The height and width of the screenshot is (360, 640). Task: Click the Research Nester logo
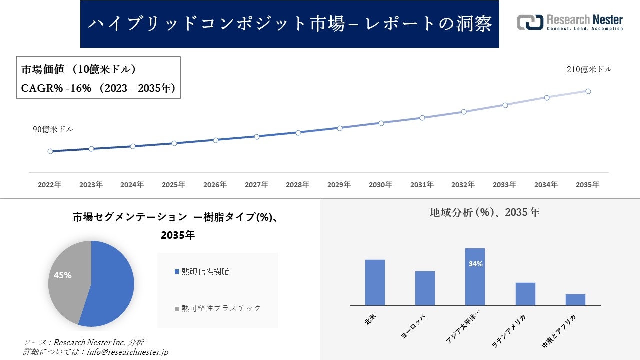(570, 22)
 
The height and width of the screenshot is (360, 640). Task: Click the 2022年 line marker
(50, 151)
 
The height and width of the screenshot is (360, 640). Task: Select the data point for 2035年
(588, 91)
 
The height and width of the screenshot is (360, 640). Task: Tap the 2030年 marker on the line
(381, 123)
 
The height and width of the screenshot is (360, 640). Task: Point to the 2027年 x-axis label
(256, 185)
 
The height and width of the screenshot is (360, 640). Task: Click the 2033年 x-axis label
(504, 185)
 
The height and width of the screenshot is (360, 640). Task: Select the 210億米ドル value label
(589, 70)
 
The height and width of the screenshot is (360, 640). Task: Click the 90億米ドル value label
(53, 129)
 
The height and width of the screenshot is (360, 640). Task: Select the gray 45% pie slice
(65, 280)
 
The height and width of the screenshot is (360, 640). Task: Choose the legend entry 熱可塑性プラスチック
(220, 308)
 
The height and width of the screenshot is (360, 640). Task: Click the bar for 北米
(375, 282)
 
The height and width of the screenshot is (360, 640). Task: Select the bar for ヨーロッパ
(425, 288)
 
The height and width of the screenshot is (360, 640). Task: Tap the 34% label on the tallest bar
(475, 264)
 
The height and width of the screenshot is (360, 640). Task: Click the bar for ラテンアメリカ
(525, 294)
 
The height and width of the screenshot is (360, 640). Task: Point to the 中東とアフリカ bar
(575, 300)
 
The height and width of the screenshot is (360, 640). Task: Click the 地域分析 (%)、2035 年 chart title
(484, 212)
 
